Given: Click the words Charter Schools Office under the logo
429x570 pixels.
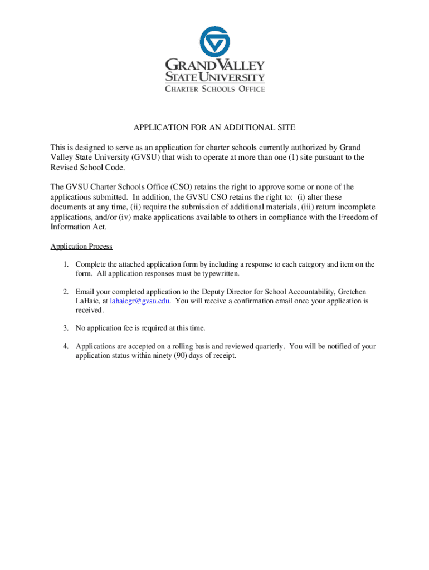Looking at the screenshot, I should pos(214,89).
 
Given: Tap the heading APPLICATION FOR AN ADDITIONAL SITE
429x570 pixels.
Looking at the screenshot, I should pos(214,127).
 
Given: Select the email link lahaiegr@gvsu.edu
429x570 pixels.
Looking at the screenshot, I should pos(140,301).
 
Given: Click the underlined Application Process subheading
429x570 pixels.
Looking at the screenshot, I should pos(81,247).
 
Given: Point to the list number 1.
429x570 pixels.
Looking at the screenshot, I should pos(65,264).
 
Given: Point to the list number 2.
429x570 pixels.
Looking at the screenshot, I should pos(65,292).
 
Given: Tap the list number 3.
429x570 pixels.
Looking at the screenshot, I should pos(65,328).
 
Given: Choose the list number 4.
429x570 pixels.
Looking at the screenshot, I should pos(65,346).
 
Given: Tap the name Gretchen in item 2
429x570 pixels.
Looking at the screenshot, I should pos(353,292).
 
